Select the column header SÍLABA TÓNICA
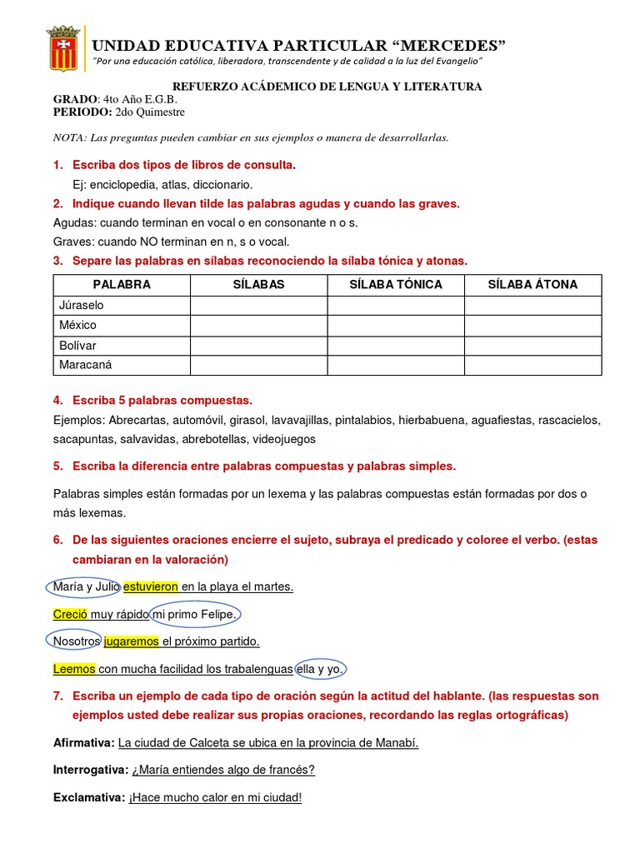tap(395, 284)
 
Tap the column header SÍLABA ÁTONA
tap(532, 284)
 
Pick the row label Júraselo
tap(82, 305)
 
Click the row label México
tap(77, 325)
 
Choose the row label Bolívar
tap(77, 345)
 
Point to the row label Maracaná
tap(86, 365)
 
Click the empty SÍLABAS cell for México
tap(258, 325)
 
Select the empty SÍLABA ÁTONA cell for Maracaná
tap(532, 365)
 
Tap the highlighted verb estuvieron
tap(150, 587)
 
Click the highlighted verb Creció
tap(70, 615)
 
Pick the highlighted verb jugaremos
tap(131, 641)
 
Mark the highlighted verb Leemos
tap(74, 669)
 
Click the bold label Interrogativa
tap(90, 770)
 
